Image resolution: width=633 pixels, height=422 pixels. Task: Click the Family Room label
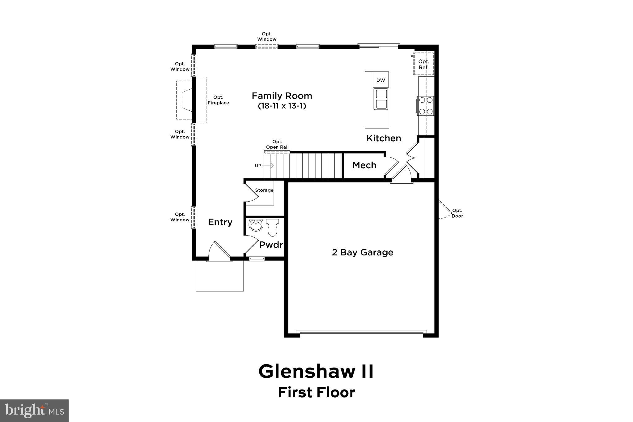tap(282, 96)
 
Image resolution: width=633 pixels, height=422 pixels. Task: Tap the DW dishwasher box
tap(381, 80)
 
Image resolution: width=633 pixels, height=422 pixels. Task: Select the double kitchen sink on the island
tap(381, 99)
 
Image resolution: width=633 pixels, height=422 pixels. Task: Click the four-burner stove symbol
tap(426, 106)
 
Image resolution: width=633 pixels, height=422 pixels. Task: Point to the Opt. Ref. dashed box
tap(423, 64)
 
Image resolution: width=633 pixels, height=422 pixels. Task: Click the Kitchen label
tap(384, 138)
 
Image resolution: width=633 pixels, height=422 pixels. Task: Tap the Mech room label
tap(364, 165)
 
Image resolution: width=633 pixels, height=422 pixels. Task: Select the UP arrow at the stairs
tap(267, 166)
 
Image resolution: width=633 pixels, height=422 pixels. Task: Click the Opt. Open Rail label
tap(277, 144)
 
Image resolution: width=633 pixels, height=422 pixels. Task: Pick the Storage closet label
tap(264, 190)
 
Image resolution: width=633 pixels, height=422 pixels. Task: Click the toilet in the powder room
tap(272, 227)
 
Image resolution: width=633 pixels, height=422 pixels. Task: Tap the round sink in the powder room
tap(256, 225)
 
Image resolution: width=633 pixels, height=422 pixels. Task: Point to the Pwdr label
tap(271, 245)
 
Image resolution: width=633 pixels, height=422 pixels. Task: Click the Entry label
tap(220, 222)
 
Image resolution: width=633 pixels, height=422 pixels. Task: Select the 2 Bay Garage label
tap(363, 252)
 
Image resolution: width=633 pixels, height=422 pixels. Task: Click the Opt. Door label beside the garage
tap(457, 213)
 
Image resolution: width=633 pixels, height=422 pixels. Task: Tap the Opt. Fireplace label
tap(218, 100)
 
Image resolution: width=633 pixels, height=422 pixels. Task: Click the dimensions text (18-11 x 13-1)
tap(282, 106)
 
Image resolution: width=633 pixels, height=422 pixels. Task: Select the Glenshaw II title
tap(316, 371)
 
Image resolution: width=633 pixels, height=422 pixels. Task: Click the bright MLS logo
tap(34, 411)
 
